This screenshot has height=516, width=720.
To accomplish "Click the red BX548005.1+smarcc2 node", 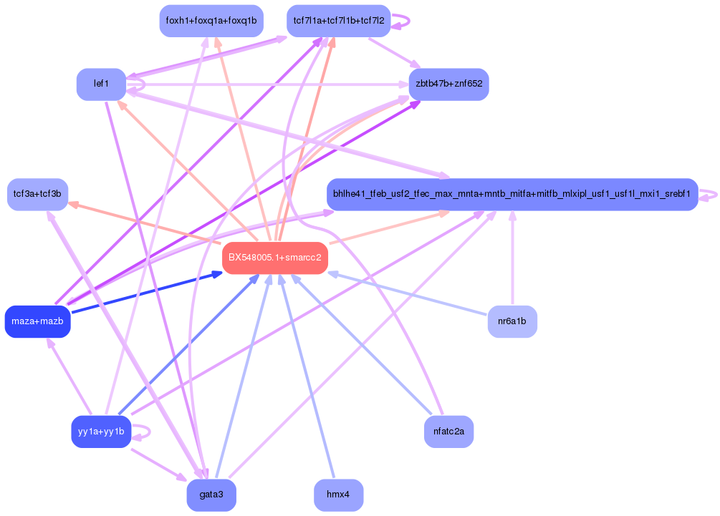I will [275, 258].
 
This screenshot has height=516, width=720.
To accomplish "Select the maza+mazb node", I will [37, 321].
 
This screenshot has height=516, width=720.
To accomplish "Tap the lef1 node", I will [101, 84].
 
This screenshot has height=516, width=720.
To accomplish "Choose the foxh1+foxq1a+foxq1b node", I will [211, 21].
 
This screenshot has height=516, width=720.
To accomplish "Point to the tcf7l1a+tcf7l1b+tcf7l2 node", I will [339, 21].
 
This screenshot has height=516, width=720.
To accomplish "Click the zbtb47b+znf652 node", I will [448, 84].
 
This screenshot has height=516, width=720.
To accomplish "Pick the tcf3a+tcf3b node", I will [37, 194].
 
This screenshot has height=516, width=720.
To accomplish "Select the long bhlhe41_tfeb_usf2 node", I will [512, 194].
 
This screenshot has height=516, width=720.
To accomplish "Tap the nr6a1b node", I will [512, 321].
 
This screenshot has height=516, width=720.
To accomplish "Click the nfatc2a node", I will [448, 432].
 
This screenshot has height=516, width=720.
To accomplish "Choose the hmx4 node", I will [338, 495].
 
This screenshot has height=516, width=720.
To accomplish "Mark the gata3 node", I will [211, 495].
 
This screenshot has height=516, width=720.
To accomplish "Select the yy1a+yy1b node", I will [101, 432].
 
